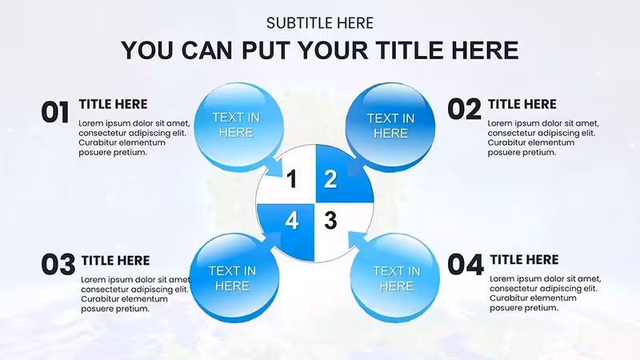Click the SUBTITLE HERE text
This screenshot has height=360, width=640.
[319, 23]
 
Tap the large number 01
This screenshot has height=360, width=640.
[55, 112]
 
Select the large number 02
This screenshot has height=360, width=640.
[465, 110]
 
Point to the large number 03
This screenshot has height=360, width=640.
[58, 265]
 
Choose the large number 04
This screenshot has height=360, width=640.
[466, 265]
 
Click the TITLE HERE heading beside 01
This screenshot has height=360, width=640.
[113, 104]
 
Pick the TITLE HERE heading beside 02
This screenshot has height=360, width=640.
[522, 104]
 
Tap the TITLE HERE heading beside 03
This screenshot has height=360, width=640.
[115, 261]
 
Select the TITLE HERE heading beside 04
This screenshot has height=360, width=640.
[525, 259]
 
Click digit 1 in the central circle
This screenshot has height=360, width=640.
[291, 179]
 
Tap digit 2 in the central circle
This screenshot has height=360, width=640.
[330, 179]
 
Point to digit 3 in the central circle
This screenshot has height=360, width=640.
[330, 221]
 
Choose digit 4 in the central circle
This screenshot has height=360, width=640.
[291, 221]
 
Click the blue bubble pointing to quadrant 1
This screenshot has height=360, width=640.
[239, 127]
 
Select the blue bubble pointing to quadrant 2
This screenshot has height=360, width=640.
[390, 127]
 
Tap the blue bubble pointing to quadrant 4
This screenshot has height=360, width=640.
[235, 278]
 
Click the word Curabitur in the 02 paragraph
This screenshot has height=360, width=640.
[506, 143]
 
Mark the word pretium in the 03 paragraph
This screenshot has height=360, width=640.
[131, 310]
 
